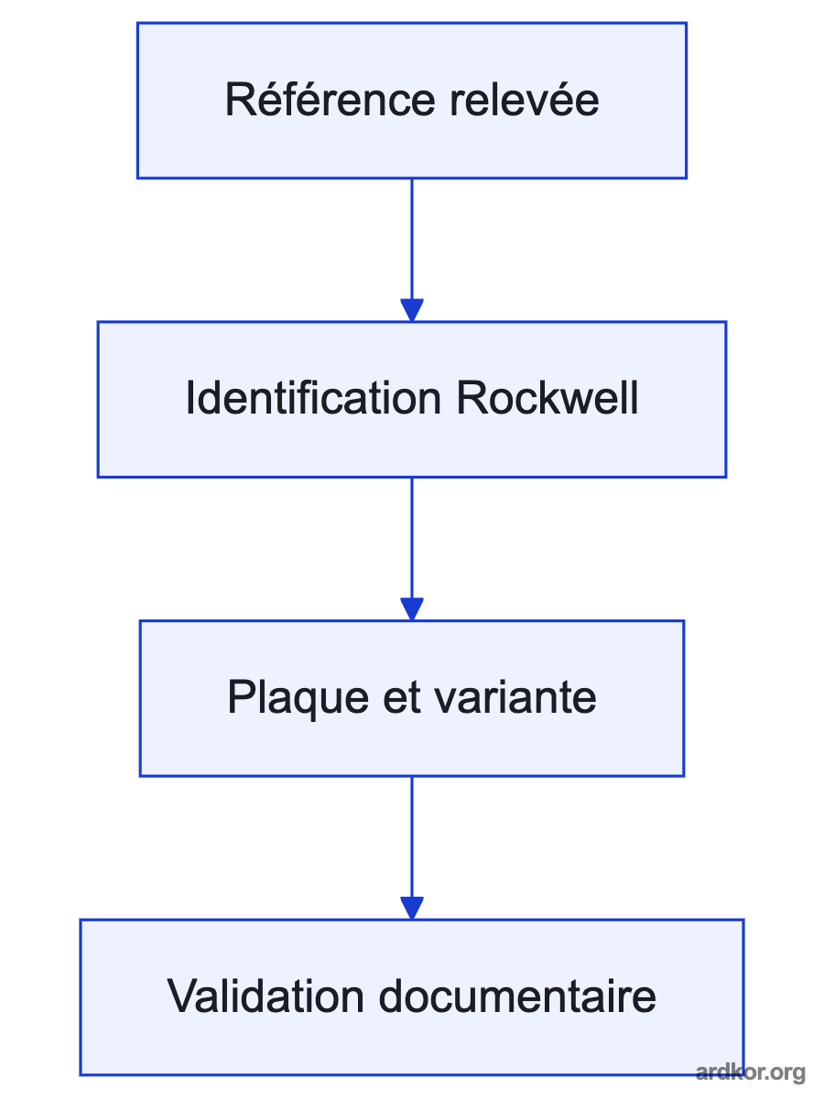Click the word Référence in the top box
point(331,100)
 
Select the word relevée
point(525,100)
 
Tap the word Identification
point(314,398)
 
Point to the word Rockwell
point(548,398)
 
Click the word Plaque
point(298,698)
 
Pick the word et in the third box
point(402,698)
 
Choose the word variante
point(515,698)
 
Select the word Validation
point(266,996)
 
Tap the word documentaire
point(517,996)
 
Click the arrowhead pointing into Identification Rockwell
point(412,310)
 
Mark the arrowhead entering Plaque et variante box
point(412,609)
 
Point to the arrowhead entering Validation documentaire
point(412,909)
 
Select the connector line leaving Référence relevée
point(412,239)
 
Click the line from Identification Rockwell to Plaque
point(412,538)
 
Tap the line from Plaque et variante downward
point(412,837)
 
